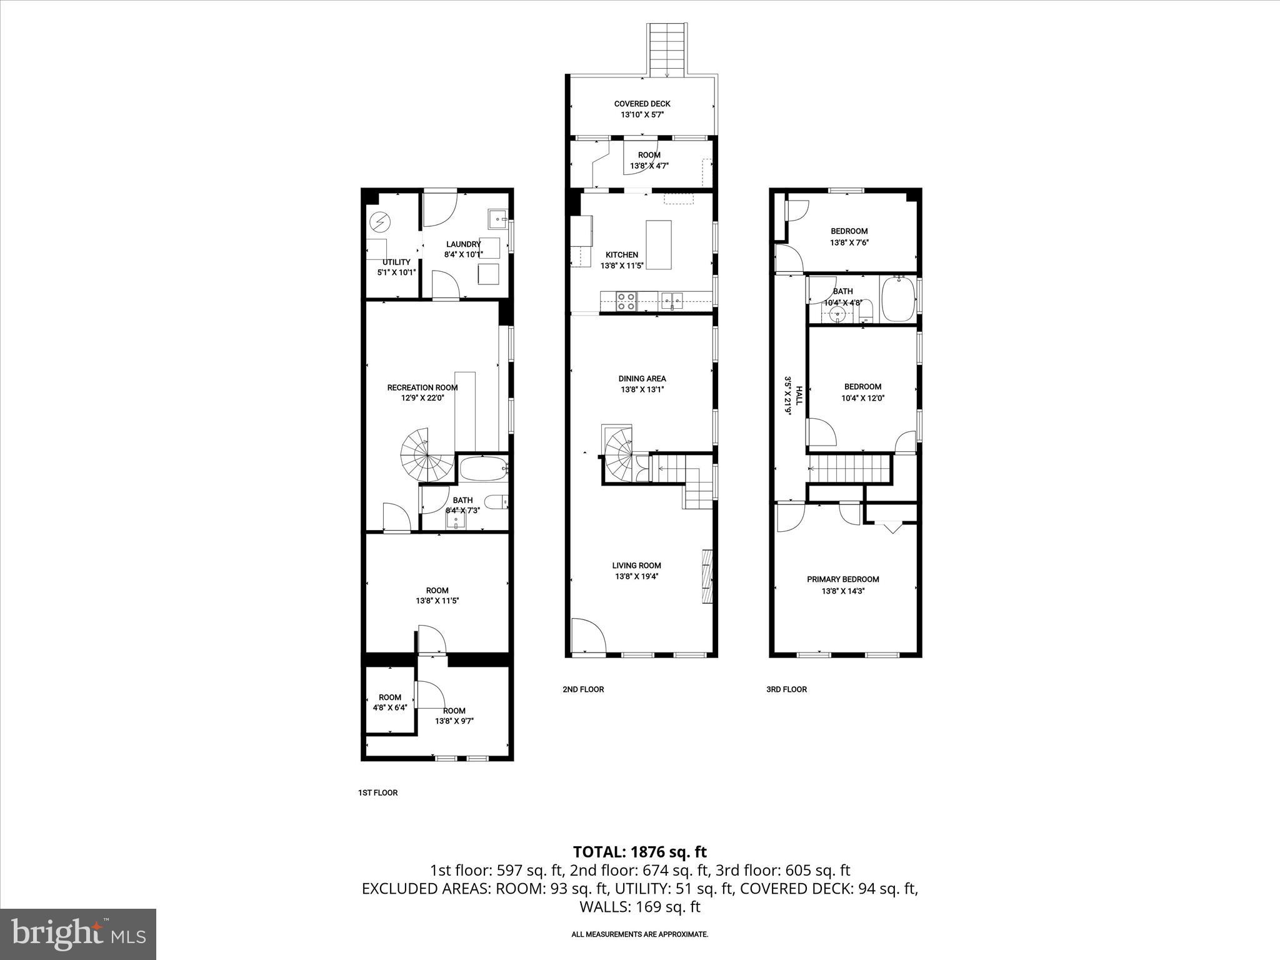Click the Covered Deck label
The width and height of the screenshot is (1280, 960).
tap(642, 104)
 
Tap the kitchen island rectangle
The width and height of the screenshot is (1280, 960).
tap(658, 244)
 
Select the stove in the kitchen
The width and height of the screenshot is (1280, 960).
tap(626, 301)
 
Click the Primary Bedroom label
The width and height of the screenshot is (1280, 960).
tap(842, 579)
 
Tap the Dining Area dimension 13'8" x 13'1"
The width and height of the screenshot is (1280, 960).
tap(642, 389)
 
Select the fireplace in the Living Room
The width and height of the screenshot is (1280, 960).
tap(707, 576)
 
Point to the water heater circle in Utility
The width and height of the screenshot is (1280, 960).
tap(379, 221)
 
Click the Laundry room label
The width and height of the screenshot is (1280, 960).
tap(463, 244)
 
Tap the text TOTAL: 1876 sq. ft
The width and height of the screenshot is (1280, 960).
tap(639, 851)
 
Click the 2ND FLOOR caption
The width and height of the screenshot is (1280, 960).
tap(583, 689)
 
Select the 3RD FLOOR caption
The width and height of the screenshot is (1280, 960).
tap(786, 689)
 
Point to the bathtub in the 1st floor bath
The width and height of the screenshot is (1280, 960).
tap(483, 469)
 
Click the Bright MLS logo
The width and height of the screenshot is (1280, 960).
tap(78, 934)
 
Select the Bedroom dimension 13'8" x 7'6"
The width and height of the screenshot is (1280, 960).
tap(849, 242)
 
